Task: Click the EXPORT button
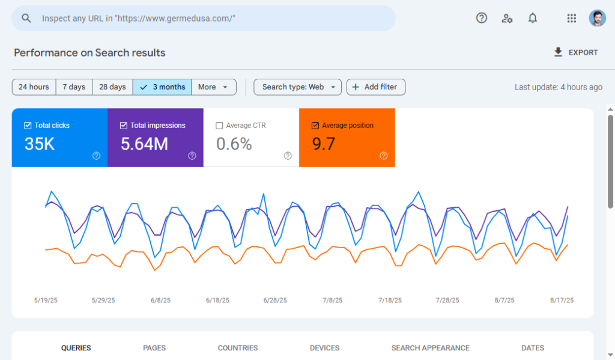tap(576, 53)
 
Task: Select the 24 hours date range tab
tap(34, 87)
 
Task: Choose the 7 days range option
tap(74, 87)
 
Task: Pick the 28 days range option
tap(112, 87)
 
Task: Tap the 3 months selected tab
tap(162, 87)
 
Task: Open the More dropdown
tap(214, 87)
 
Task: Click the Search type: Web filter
tap(298, 87)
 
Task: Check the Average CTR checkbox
tap(219, 126)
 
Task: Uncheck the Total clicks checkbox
tap(28, 126)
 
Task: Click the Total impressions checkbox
tap(124, 126)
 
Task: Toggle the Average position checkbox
tap(315, 126)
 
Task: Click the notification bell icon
tap(532, 18)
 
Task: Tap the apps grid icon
tap(572, 18)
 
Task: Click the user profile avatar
tap(598, 18)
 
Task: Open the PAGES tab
tap(154, 348)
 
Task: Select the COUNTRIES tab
tap(238, 348)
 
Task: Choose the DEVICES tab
tap(324, 348)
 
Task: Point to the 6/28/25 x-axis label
tap(275, 301)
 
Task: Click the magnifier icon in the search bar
tap(26, 19)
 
